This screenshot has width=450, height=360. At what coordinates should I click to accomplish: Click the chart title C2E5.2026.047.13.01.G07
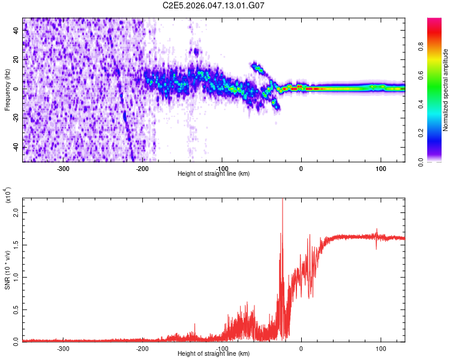(214, 5)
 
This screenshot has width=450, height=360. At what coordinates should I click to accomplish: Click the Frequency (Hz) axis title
(7, 90)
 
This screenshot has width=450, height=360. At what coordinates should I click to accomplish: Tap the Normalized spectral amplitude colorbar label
(445, 90)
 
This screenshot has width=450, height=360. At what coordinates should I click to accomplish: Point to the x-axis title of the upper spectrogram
(214, 173)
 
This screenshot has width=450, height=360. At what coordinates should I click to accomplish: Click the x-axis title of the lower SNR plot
(214, 353)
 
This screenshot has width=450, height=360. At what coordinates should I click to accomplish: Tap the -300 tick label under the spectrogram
(64, 168)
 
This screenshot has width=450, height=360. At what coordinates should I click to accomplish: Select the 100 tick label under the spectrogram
(380, 168)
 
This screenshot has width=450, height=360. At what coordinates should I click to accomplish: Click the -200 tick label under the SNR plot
(143, 348)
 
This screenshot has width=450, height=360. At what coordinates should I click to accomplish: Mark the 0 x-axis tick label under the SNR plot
(301, 348)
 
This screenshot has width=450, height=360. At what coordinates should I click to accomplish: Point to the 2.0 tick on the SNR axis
(16, 213)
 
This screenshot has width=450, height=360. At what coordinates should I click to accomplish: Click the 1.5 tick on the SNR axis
(16, 245)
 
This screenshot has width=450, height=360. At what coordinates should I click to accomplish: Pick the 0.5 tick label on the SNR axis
(16, 309)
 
